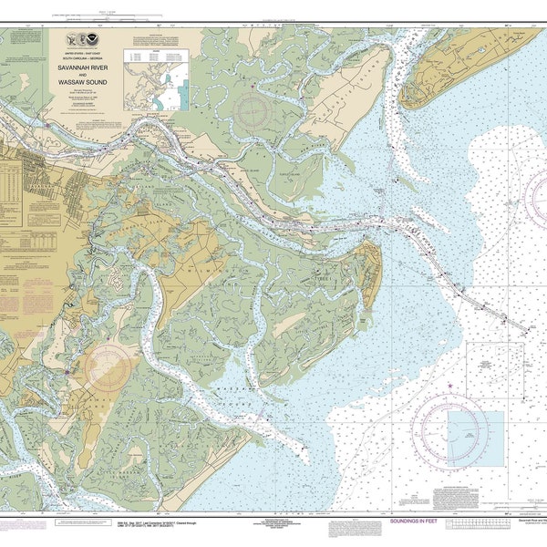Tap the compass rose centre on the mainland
pos(109,368)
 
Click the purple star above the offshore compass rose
pos(449,387)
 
